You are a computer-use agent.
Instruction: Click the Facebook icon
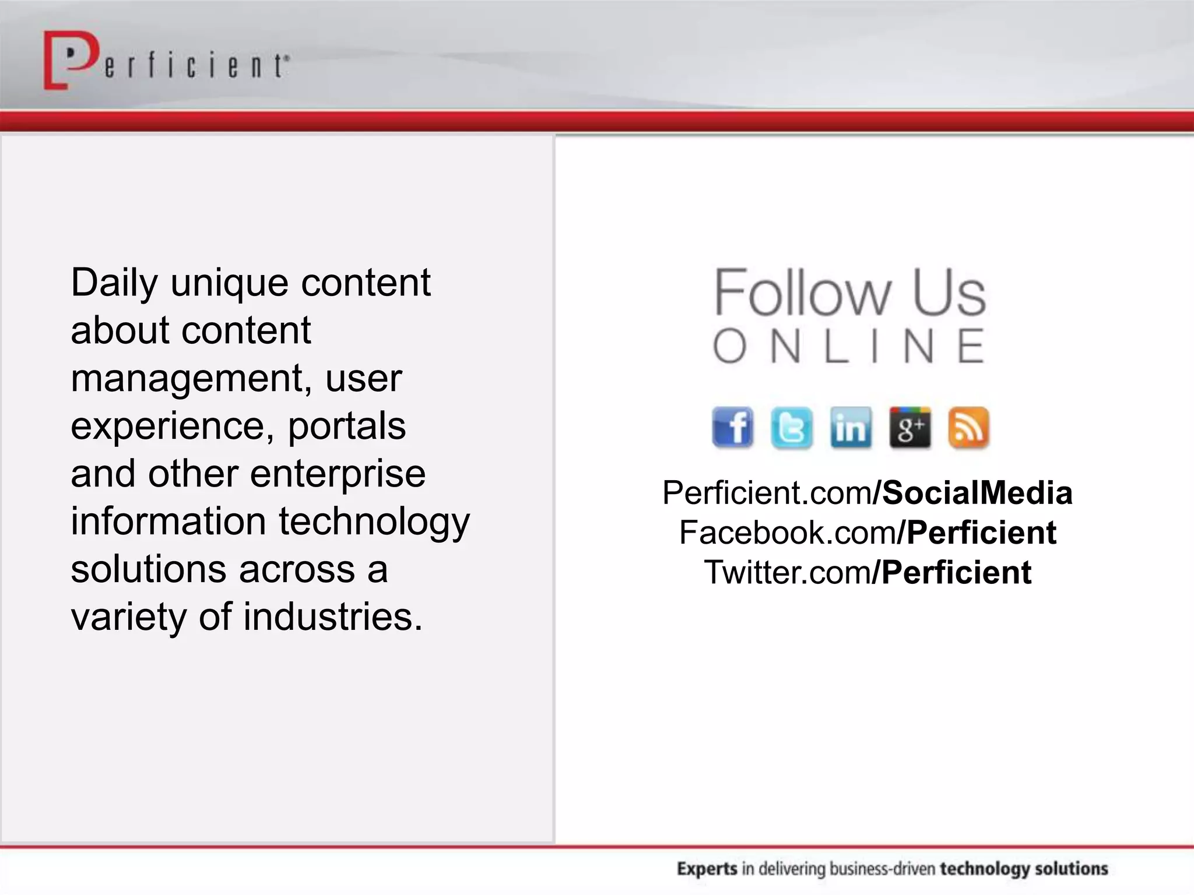point(733,428)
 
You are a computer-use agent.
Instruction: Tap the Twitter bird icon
point(792,428)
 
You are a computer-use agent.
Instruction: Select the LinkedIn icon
point(851,428)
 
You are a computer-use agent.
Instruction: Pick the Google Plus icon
point(910,428)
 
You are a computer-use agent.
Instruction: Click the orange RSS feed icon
point(968,428)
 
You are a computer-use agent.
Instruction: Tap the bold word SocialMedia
point(977,493)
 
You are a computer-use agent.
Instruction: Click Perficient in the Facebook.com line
point(982,533)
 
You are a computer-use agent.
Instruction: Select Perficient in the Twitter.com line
point(957,572)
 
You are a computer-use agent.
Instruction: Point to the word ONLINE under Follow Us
point(849,346)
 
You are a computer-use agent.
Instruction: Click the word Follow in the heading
point(802,293)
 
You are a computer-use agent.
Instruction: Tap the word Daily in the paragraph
point(114,284)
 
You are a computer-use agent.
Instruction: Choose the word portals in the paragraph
point(347,426)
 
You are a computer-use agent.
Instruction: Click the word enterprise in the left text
point(338,474)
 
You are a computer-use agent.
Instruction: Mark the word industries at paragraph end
point(332,617)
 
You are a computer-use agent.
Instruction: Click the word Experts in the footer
point(707,869)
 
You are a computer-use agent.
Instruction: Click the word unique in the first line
point(230,284)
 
